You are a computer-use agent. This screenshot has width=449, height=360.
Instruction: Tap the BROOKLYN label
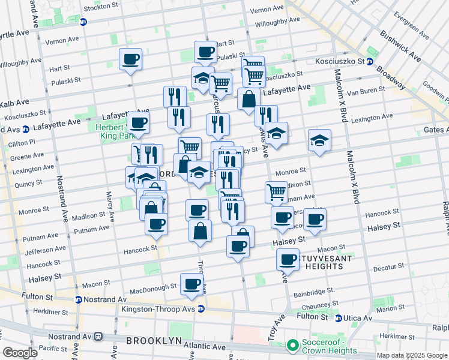point(154,341)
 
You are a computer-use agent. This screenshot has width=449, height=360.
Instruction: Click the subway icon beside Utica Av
point(339,318)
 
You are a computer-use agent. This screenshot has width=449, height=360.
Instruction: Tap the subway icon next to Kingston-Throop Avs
point(201,309)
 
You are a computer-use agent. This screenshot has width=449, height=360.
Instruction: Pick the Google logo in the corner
point(20,352)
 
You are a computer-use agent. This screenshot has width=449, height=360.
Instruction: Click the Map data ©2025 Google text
point(411,355)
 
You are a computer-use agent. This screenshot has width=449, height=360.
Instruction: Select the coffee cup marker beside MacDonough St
point(191,284)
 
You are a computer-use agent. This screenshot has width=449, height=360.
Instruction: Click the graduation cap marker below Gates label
point(319,141)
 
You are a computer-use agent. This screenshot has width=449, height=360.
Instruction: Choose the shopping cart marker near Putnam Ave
point(276,192)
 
